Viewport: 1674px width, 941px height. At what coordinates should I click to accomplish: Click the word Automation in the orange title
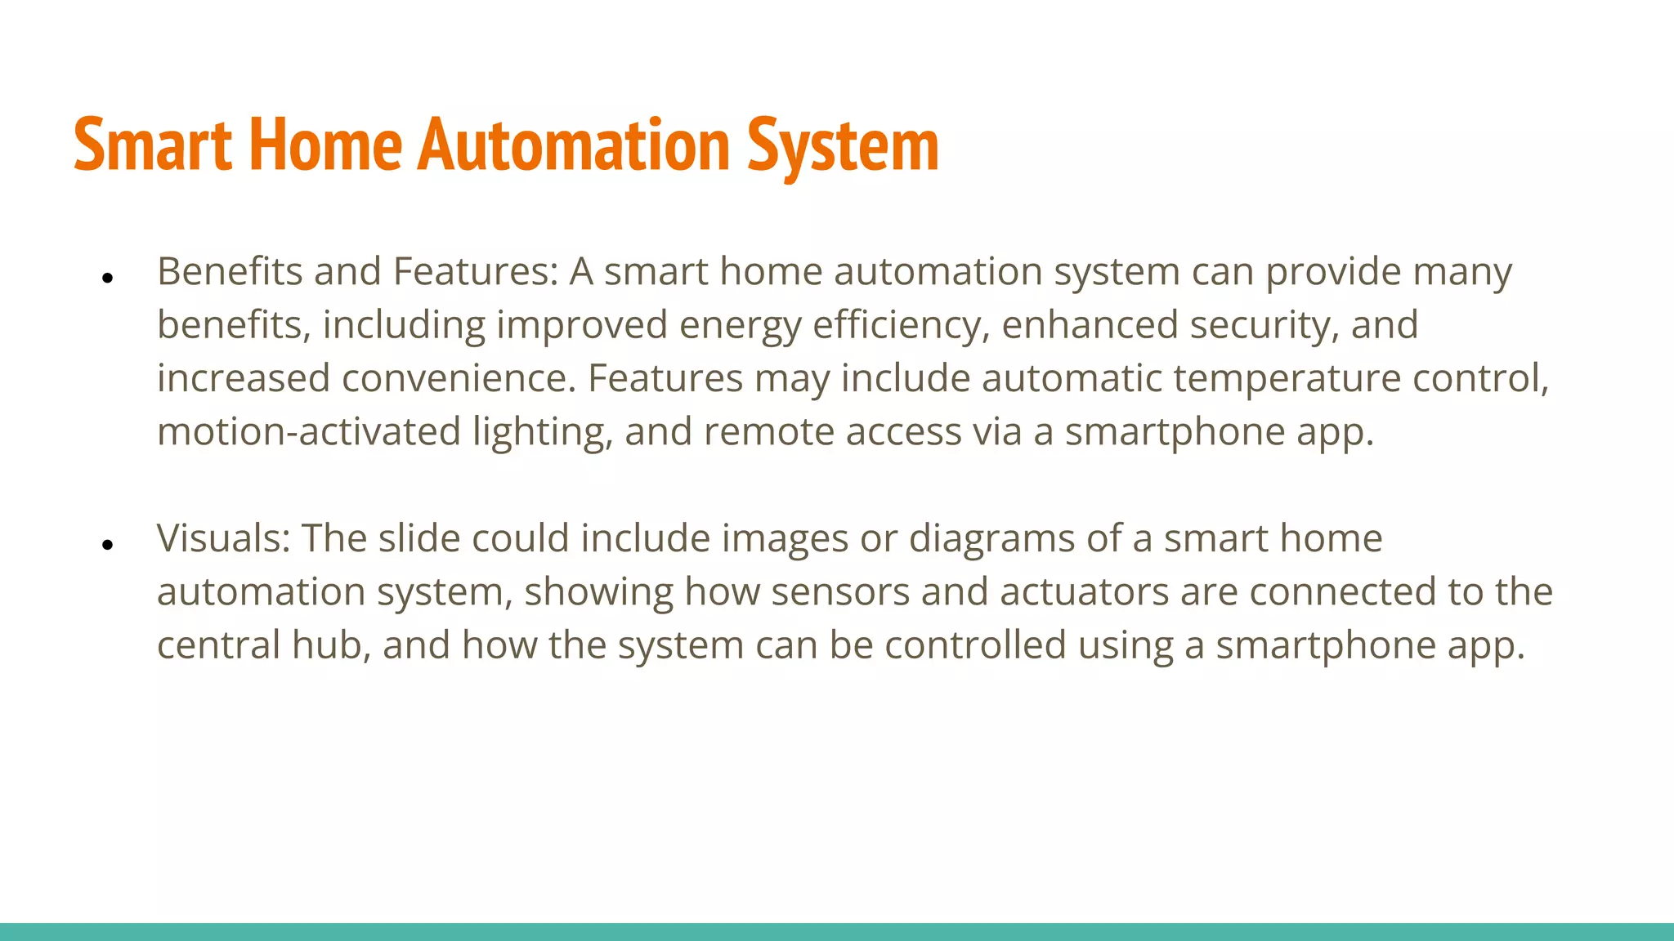574,145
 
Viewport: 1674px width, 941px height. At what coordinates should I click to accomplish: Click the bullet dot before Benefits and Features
107,279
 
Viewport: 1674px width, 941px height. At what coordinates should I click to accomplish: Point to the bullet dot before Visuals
107,545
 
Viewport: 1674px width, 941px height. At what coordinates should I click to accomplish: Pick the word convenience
458,378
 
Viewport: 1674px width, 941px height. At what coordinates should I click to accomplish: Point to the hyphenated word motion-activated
309,431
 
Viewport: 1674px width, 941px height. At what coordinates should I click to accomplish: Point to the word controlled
975,644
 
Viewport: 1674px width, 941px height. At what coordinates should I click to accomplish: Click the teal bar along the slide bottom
837,931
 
